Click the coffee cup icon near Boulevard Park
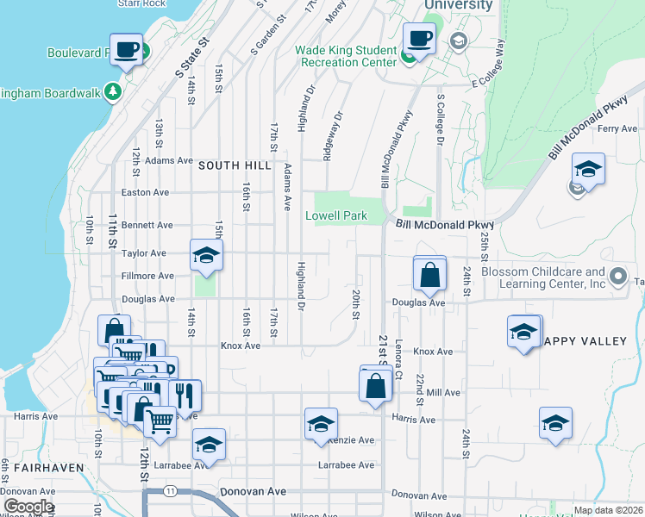(127, 49)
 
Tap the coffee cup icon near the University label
(419, 38)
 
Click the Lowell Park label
(336, 216)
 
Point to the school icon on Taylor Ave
(206, 256)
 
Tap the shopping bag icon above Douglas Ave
(429, 275)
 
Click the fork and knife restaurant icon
(185, 396)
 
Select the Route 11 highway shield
(171, 490)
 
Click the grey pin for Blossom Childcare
(617, 277)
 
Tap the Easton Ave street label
(146, 193)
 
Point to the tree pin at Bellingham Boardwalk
(112, 90)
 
